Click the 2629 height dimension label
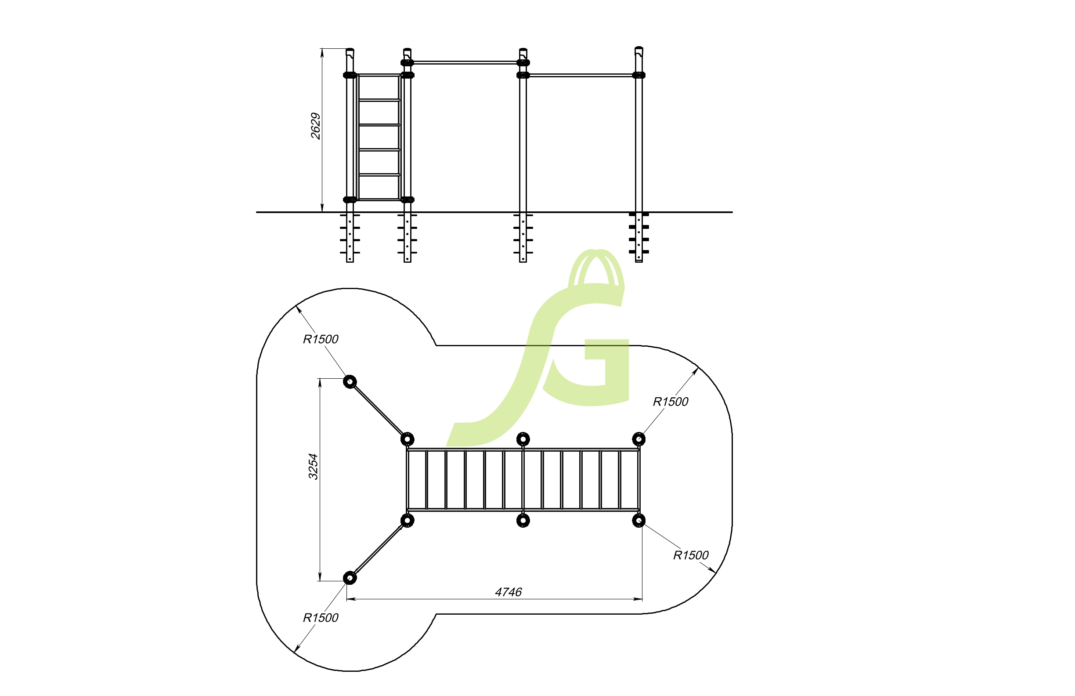[315, 126]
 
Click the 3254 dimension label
[313, 466]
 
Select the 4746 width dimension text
[508, 592]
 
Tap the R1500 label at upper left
[320, 339]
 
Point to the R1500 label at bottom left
[320, 617]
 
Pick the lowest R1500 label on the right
[691, 555]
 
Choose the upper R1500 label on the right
[670, 401]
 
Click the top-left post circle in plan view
[350, 382]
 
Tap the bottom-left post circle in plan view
[350, 578]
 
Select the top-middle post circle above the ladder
[523, 439]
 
